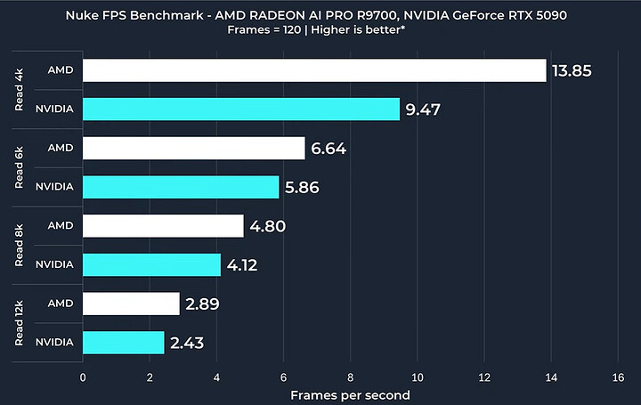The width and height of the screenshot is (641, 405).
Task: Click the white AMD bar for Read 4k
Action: click(x=313, y=70)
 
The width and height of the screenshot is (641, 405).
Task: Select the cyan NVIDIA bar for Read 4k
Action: click(x=240, y=109)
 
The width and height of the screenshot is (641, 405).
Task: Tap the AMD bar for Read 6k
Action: click(x=193, y=148)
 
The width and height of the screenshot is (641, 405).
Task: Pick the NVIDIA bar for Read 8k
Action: click(x=151, y=264)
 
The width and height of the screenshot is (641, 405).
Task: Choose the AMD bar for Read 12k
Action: click(x=131, y=304)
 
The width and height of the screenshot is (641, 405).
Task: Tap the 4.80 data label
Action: click(x=268, y=226)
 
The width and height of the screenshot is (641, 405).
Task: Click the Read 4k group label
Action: click(x=20, y=90)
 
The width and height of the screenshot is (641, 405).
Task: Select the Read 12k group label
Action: click(x=20, y=322)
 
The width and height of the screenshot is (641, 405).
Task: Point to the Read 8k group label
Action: click(x=20, y=245)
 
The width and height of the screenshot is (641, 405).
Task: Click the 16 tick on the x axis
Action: click(x=618, y=377)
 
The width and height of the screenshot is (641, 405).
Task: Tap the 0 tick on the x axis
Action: click(x=83, y=377)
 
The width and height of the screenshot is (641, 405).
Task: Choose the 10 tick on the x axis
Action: click(x=417, y=377)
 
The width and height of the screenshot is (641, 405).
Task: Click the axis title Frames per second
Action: click(x=350, y=393)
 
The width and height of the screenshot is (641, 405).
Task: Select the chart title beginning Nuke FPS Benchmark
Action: click(x=320, y=14)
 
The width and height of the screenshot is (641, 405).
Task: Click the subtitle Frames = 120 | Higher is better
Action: click(x=320, y=29)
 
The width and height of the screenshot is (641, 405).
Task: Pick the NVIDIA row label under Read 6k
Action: click(x=54, y=187)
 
